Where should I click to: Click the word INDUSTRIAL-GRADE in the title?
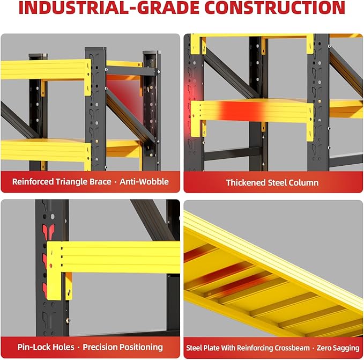coord(109,8)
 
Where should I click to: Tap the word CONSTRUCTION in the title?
coord(275,8)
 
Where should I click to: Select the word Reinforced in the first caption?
coord(33,182)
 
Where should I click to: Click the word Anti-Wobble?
coord(144,182)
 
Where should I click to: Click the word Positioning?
coord(143,348)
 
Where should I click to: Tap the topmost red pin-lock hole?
coord(49,231)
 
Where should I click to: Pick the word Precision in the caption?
coord(101,347)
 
